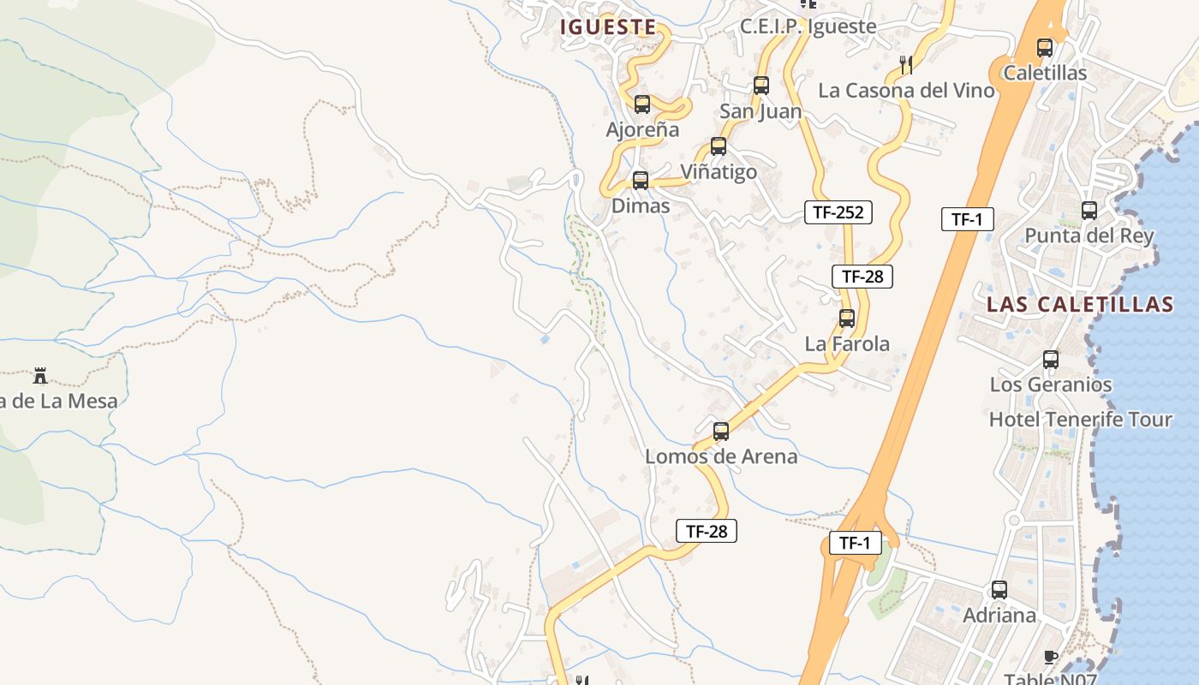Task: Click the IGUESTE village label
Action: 608,27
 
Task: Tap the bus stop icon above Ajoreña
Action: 642,104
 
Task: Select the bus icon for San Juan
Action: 761,86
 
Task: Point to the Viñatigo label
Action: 719,172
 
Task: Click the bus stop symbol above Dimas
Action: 641,181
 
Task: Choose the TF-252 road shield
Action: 838,212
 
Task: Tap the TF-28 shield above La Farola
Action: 862,277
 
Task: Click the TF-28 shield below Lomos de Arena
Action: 707,531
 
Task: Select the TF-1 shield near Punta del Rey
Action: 967,219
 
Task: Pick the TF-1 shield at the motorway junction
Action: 855,543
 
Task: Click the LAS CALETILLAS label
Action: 1080,305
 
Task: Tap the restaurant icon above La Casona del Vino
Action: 906,63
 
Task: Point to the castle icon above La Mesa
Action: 39,375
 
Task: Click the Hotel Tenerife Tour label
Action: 1080,420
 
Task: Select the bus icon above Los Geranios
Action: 1051,360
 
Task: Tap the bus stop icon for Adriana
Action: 999,590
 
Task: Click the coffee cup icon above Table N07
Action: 1051,657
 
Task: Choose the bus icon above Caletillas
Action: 1045,48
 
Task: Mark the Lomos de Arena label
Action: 721,456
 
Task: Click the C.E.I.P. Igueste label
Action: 808,27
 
